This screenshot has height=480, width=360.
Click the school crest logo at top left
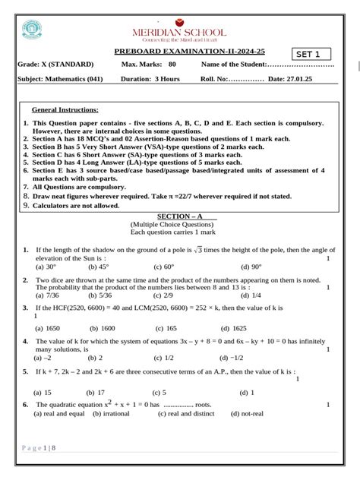point(32,30)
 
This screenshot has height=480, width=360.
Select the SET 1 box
point(313,54)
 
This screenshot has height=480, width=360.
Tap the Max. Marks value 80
point(172,65)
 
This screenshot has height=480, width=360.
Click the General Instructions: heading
point(65,110)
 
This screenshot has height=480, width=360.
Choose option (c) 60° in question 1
point(163,267)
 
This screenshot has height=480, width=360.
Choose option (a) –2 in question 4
point(43,357)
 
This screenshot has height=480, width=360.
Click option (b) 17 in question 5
point(96,393)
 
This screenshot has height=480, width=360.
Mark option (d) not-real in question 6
point(252,414)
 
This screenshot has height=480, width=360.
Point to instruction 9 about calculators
point(70,205)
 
